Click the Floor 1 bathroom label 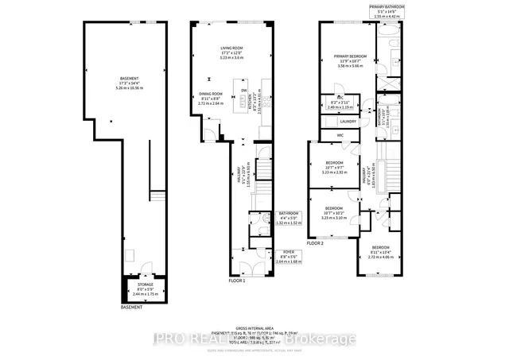coord(288,213)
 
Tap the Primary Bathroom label coord(387,6)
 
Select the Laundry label coord(348,122)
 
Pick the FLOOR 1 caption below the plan coord(238,281)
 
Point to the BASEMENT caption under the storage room coord(131,307)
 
